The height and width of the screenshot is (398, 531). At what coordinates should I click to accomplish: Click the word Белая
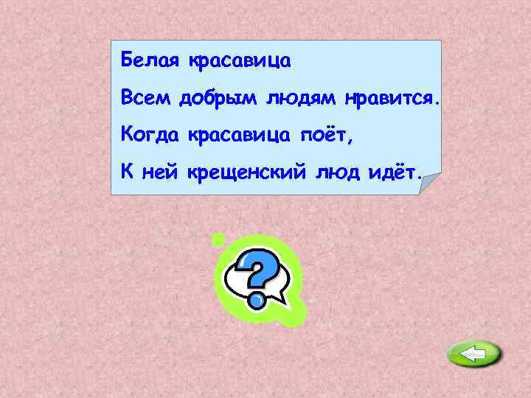(150, 59)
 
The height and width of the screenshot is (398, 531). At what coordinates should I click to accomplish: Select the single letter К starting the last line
(126, 173)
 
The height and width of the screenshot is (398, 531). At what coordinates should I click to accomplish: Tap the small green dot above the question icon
(218, 239)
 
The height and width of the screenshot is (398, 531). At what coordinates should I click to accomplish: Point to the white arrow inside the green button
(473, 355)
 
